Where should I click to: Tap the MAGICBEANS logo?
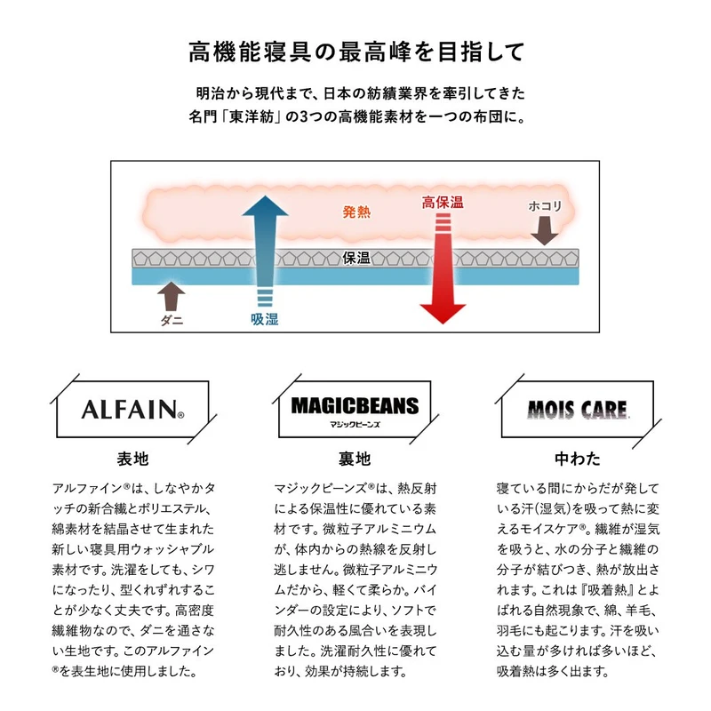(x=355, y=406)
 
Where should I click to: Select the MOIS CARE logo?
(x=578, y=411)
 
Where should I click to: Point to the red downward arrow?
(x=443, y=267)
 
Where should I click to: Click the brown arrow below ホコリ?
(x=545, y=232)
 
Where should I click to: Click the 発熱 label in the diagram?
(x=356, y=212)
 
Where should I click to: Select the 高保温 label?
(x=442, y=203)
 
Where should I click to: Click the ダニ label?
(x=172, y=321)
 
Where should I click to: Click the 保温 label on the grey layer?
(x=355, y=258)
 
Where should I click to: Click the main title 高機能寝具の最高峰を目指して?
(x=355, y=52)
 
